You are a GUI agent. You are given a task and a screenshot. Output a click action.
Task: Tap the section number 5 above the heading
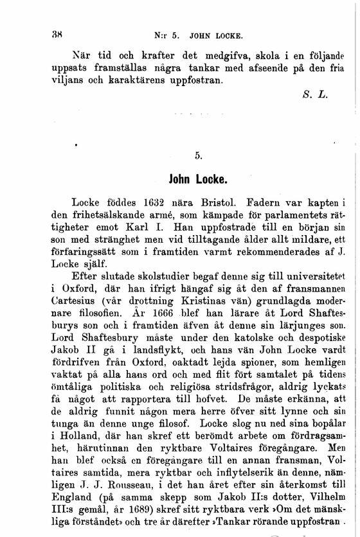coord(199,155)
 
